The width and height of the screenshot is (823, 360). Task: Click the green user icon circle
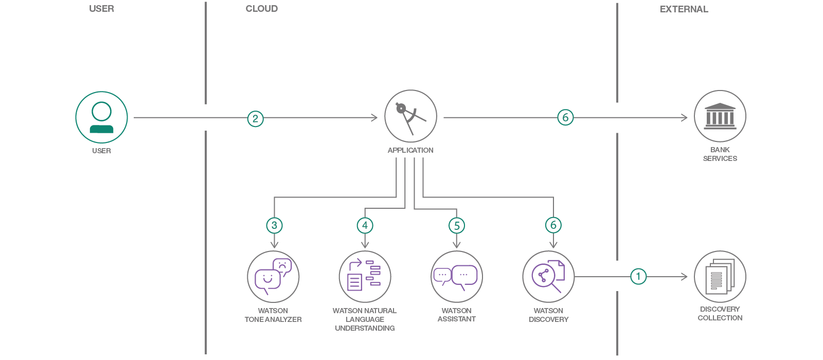101,117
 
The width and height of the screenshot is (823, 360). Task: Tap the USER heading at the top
101,9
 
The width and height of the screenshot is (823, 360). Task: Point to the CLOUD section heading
262,9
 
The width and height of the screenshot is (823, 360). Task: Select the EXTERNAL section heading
684,9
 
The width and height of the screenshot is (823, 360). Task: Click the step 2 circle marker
255,119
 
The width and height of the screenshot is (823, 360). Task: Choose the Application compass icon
410,116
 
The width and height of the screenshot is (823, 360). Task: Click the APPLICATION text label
410,150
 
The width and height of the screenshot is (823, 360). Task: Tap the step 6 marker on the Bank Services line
565,117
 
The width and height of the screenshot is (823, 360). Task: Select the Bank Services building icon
720,116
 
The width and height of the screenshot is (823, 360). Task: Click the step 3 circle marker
274,225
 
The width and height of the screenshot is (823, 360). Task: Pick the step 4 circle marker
365,225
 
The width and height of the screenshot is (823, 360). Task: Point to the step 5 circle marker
457,226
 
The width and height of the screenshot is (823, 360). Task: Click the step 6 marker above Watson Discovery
553,225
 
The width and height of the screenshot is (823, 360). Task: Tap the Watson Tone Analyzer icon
273,277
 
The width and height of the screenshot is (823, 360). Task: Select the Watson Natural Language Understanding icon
365,277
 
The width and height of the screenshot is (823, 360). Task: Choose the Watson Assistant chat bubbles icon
456,277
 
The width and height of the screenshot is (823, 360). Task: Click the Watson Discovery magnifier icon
548,277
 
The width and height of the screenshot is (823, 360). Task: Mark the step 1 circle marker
638,276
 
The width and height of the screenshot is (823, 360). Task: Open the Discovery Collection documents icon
720,277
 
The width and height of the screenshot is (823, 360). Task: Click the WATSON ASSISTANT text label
456,315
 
